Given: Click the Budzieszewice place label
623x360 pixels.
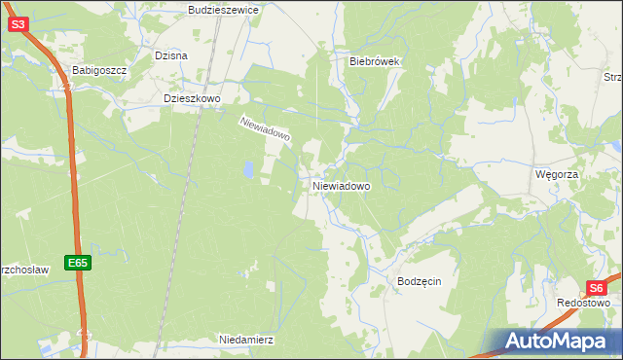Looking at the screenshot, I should (x=223, y=9).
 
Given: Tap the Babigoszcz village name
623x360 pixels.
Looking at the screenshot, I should (x=100, y=71).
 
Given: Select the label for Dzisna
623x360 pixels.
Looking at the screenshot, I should (x=170, y=55).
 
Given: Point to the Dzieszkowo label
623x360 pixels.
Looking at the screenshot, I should (x=194, y=98).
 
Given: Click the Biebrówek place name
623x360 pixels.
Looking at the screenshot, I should (x=376, y=60).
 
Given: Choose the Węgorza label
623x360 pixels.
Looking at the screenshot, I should (x=557, y=173).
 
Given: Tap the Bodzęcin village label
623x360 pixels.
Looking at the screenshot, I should (x=420, y=281).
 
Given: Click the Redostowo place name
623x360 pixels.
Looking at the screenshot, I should (x=583, y=303).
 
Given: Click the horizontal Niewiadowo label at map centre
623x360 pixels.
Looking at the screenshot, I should (x=341, y=186).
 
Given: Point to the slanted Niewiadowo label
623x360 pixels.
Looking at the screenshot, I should (x=265, y=129).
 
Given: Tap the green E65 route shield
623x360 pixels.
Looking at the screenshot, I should (x=79, y=263).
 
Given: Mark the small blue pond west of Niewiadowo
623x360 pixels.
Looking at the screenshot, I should (x=249, y=171).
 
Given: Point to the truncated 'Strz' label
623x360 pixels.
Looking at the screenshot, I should (x=611, y=79).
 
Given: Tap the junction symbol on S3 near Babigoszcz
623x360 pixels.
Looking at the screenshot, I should (x=66, y=87).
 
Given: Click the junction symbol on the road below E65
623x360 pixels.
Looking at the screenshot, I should (x=84, y=336).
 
